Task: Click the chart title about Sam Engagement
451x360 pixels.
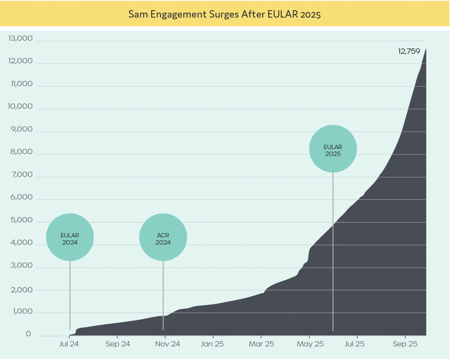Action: pyautogui.click(x=224, y=14)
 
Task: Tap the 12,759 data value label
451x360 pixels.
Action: pyautogui.click(x=409, y=51)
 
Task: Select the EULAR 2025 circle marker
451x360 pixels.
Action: pyautogui.click(x=333, y=149)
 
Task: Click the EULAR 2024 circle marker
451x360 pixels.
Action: pyautogui.click(x=70, y=237)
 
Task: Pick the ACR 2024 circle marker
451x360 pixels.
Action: pyautogui.click(x=163, y=237)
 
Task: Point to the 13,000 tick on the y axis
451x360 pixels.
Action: pyautogui.click(x=20, y=39)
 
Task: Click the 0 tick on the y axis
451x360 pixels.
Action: pyautogui.click(x=28, y=334)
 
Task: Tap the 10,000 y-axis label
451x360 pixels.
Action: pyautogui.click(x=20, y=107)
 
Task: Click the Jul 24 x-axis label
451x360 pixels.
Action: pyautogui.click(x=69, y=344)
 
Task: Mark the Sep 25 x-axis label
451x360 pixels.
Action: pyautogui.click(x=405, y=344)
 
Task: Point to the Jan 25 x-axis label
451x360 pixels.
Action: pyautogui.click(x=212, y=344)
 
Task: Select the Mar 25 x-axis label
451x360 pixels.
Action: pyautogui.click(x=261, y=344)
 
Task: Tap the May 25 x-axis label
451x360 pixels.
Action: pyautogui.click(x=309, y=344)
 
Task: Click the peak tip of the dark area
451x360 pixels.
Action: pyautogui.click(x=425, y=50)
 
